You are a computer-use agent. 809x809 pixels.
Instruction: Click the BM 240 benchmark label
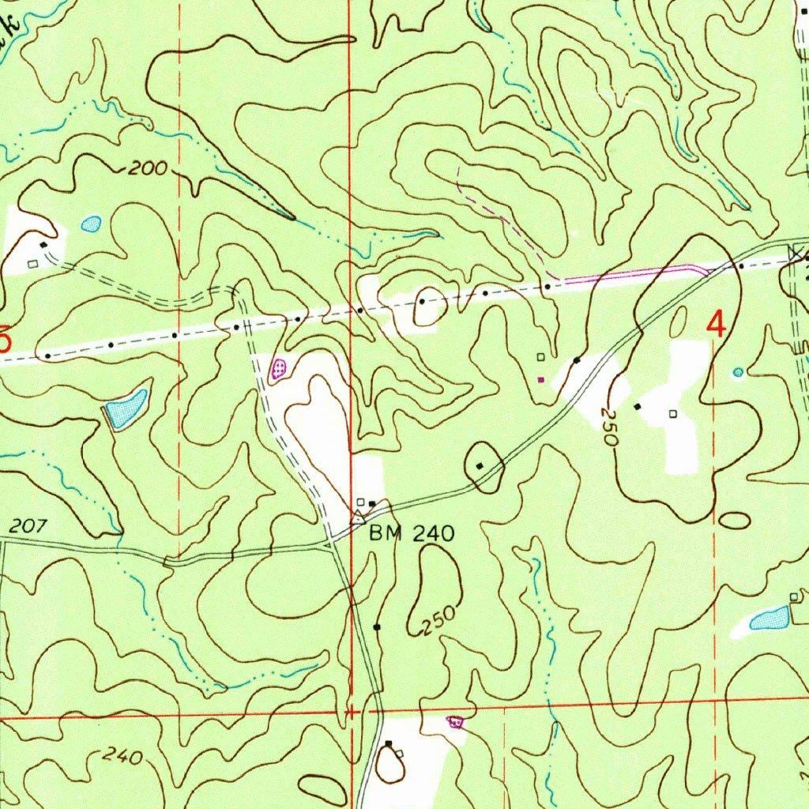[412, 534]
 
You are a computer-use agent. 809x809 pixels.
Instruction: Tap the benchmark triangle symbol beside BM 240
[357, 518]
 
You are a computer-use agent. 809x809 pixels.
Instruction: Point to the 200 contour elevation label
[149, 167]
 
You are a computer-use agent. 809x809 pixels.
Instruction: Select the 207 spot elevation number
[29, 525]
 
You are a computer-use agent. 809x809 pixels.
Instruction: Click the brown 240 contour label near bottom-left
[122, 757]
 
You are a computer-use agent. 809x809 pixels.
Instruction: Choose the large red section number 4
[716, 325]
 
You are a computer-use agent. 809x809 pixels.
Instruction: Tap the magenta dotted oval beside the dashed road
[279, 368]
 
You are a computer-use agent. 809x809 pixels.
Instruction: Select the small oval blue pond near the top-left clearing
[92, 224]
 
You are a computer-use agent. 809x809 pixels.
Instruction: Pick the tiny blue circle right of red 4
[738, 371]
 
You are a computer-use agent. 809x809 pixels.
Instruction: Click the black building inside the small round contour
[480, 466]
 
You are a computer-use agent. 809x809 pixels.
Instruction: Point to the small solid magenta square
[540, 379]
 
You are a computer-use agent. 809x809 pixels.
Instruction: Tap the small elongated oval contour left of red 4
[678, 322]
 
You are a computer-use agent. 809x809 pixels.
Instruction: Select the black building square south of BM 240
[377, 627]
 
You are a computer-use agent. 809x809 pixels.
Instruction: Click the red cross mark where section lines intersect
[351, 713]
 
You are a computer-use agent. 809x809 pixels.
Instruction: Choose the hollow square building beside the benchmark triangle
[360, 502]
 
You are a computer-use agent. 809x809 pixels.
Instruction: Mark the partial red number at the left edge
[6, 341]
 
